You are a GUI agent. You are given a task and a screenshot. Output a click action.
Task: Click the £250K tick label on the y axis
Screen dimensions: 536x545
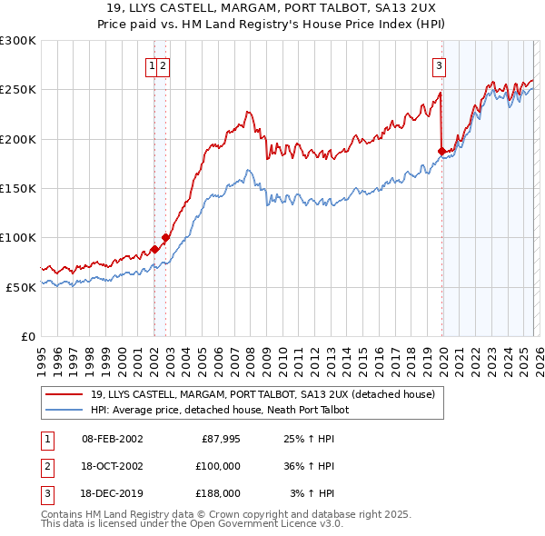(x=18, y=90)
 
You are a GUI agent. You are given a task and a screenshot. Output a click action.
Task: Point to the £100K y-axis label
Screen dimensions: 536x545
(x=18, y=237)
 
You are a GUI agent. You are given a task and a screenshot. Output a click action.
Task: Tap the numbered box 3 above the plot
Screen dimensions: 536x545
(x=439, y=65)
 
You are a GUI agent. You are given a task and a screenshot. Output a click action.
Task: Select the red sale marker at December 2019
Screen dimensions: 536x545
(x=441, y=151)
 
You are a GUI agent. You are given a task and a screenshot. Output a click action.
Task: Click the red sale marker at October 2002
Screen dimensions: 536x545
(x=165, y=237)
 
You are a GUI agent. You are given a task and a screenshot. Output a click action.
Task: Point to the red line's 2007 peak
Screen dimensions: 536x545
(x=246, y=113)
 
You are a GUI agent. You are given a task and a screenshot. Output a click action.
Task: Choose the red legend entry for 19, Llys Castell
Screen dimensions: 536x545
(x=263, y=394)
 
